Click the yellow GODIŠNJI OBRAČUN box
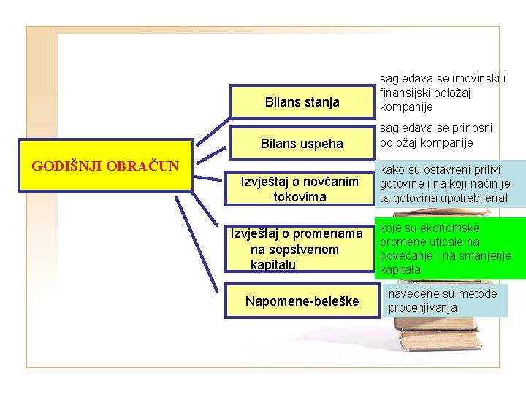click(105, 165)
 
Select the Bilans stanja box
click(302, 102)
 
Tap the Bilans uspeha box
click(302, 144)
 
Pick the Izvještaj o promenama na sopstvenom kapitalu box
click(300, 250)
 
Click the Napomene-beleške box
click(302, 301)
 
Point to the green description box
click(450, 249)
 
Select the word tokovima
click(300, 197)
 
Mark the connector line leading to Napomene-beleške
click(212, 241)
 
